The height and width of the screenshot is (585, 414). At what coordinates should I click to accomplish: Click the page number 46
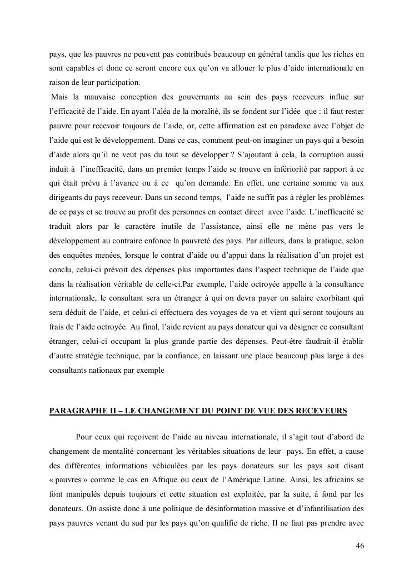coord(360,545)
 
